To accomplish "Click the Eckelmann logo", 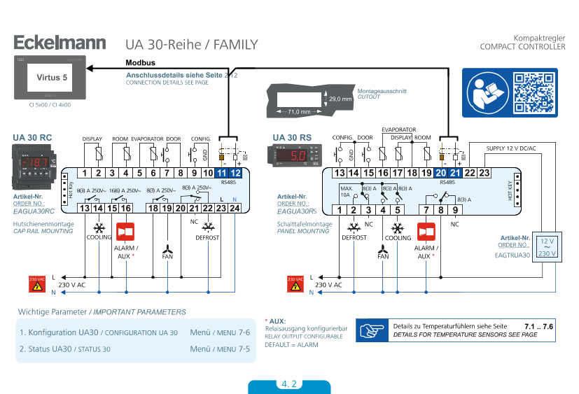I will click(60, 43).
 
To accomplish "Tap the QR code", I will click(533, 92).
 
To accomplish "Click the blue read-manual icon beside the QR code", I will click(487, 92).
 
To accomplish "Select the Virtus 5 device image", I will click(48, 78).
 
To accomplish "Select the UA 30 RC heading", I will click(33, 136).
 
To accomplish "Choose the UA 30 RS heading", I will click(292, 136).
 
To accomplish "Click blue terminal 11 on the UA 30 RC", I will click(221, 173).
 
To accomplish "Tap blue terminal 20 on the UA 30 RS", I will click(441, 172).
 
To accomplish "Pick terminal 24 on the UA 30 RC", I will click(235, 208).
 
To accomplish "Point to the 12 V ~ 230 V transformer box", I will click(545, 247).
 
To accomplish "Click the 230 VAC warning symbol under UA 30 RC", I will click(37, 283).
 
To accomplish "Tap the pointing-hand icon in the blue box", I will click(372, 330).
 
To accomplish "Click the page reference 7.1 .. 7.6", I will click(538, 327).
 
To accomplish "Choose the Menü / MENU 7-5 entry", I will click(220, 349).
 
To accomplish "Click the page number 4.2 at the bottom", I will click(289, 384).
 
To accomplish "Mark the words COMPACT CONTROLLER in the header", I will click(522, 47).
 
